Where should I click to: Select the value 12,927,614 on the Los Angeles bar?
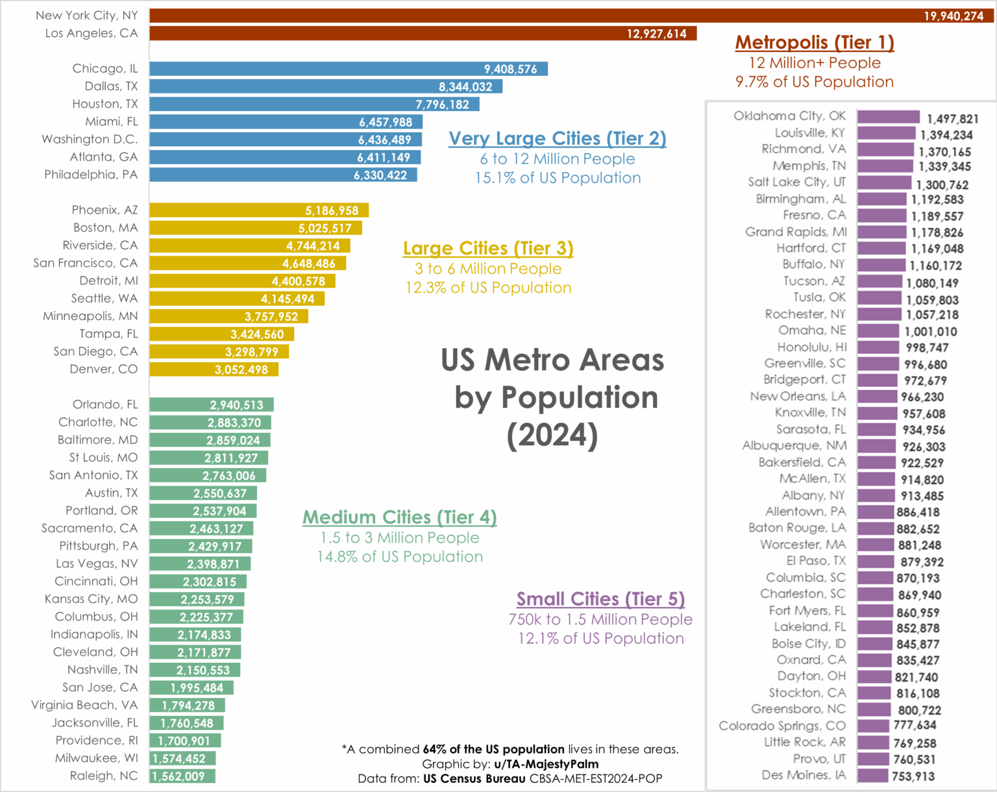(656, 34)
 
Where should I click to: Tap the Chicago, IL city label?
(105, 69)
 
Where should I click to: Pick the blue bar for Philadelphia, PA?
(283, 175)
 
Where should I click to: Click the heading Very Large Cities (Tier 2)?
(557, 139)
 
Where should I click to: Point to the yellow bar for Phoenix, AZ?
(258, 210)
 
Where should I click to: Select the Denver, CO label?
(104, 369)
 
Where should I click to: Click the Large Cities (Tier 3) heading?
(488, 249)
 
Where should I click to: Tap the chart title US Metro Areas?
(552, 360)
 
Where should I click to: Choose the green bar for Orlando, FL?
(211, 405)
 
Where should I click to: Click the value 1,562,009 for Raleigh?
(178, 776)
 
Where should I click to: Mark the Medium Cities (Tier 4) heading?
(399, 517)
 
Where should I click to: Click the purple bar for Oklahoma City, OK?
(888, 117)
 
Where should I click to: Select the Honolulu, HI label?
(812, 347)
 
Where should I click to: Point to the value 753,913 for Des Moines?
(913, 776)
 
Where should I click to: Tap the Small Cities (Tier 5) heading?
(600, 599)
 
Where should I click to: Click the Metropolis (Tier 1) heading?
(815, 43)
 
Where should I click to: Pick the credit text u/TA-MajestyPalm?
(546, 764)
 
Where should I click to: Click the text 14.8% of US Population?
(399, 557)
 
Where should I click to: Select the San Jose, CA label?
(100, 687)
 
